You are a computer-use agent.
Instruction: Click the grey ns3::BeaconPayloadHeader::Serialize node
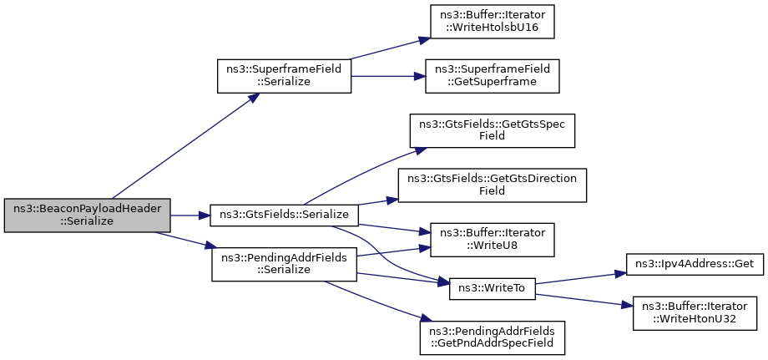click(x=87, y=215)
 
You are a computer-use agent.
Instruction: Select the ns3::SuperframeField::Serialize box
click(x=284, y=76)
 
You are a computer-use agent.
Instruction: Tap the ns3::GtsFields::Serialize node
click(x=284, y=215)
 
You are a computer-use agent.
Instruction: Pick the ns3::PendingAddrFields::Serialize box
click(x=284, y=265)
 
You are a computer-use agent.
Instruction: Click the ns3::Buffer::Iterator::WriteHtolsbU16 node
click(x=492, y=22)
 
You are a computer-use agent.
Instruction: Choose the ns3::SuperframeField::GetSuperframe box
click(x=492, y=76)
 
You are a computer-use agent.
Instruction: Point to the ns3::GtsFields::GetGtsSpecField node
click(x=492, y=131)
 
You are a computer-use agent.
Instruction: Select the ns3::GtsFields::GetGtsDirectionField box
click(x=492, y=185)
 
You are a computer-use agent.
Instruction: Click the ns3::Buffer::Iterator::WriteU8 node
click(x=492, y=240)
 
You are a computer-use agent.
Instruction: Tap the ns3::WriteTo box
click(x=493, y=288)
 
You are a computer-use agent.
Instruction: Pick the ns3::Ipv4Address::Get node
click(x=695, y=264)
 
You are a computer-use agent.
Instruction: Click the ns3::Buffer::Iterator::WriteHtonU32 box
click(x=695, y=313)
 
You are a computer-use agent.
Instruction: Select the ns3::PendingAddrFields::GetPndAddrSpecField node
click(x=492, y=338)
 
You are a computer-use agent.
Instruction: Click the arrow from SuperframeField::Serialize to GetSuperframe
click(x=388, y=76)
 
